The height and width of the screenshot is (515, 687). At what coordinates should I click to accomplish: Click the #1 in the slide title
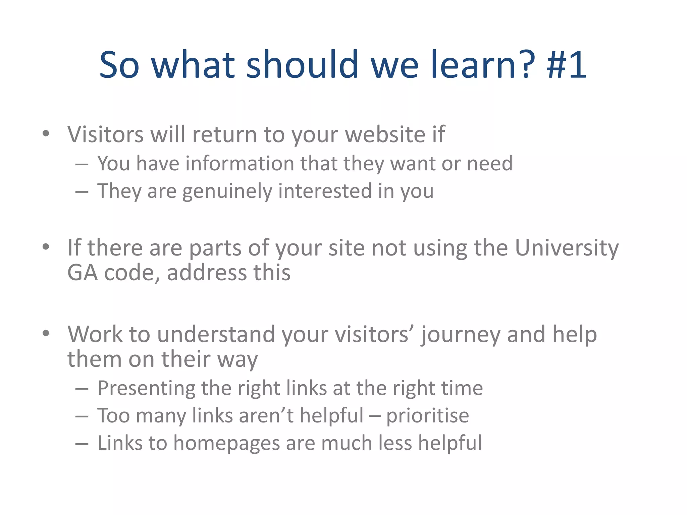[x=567, y=64]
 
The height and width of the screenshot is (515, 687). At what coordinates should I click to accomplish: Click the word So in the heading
[x=119, y=64]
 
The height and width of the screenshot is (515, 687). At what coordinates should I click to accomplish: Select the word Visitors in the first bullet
[x=106, y=134]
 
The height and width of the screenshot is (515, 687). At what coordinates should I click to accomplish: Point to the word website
[x=385, y=134]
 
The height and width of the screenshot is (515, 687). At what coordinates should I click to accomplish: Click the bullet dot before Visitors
[x=46, y=134]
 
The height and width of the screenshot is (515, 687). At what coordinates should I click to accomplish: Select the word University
[x=567, y=248]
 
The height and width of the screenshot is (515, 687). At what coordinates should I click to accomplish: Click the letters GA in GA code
[x=83, y=273]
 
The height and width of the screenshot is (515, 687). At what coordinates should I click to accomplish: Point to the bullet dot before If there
[x=46, y=247]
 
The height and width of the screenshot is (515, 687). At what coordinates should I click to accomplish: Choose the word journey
[x=461, y=335]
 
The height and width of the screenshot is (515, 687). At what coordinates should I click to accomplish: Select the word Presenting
[x=146, y=389]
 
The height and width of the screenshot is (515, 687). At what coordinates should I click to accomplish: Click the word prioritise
[x=427, y=416]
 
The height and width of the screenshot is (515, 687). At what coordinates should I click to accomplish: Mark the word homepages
[x=226, y=444]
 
